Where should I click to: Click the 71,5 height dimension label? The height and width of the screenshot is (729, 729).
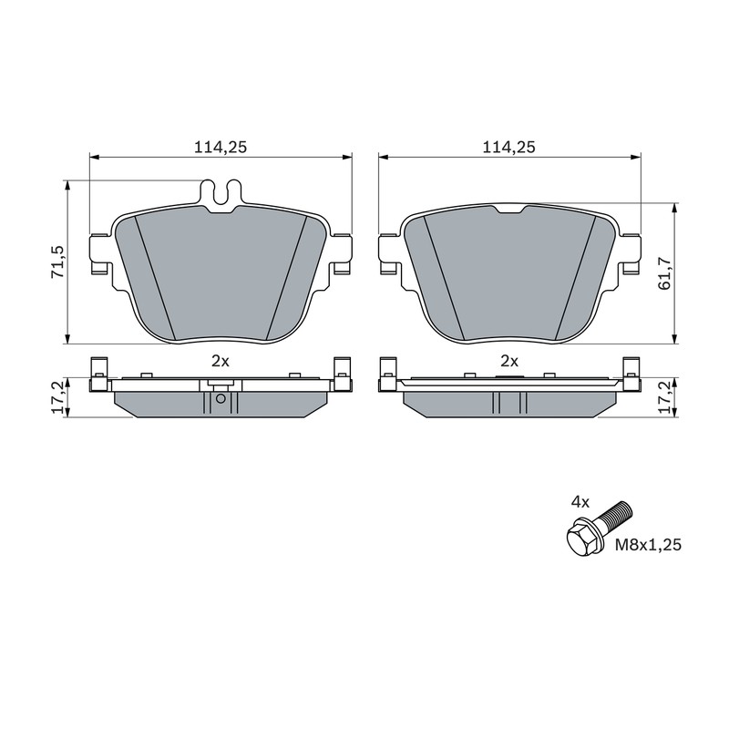point(56,262)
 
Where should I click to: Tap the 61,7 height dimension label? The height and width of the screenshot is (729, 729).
point(665,273)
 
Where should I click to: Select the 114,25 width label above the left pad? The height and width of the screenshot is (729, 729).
point(220,148)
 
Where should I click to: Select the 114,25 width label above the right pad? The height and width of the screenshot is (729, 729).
point(508,148)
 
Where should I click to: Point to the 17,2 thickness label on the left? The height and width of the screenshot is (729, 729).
point(56,397)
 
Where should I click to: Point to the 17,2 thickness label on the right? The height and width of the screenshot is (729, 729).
point(665,397)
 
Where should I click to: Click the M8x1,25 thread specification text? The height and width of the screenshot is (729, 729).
point(648,544)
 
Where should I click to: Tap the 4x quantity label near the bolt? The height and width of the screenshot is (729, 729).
point(580,502)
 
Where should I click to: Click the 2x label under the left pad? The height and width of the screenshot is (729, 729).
point(221,361)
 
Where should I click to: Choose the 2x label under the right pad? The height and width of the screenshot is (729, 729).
point(509,361)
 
